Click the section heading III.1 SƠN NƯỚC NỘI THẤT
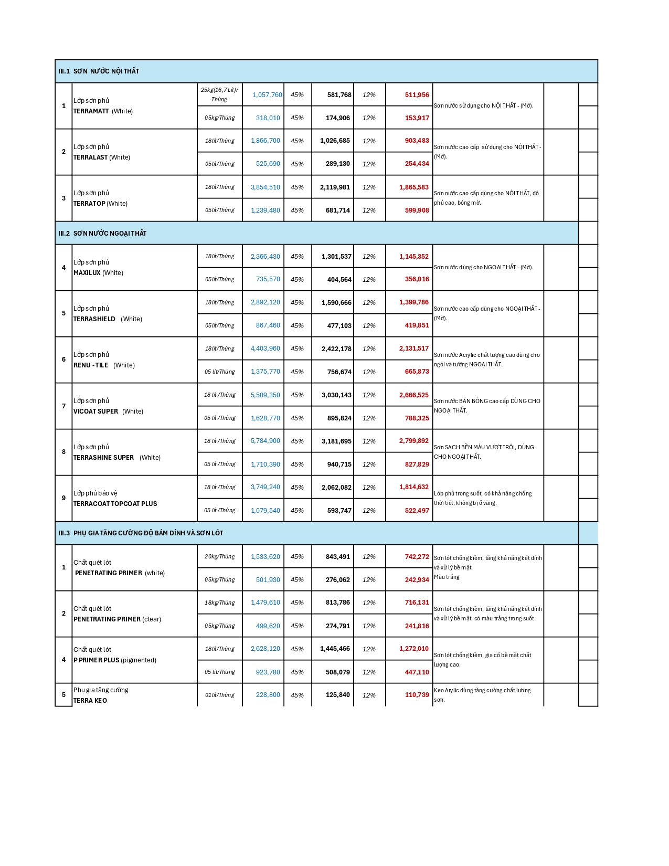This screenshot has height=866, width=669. (99, 71)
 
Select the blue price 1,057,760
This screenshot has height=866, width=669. (267, 95)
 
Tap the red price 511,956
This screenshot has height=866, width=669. (417, 95)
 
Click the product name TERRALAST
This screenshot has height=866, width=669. (91, 157)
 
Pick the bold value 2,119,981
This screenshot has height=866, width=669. (335, 187)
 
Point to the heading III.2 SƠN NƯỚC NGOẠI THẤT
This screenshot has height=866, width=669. (102, 234)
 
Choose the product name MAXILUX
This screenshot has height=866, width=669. (87, 273)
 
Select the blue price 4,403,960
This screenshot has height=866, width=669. (265, 348)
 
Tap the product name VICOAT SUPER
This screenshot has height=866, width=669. (96, 411)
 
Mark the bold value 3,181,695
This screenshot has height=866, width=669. (336, 441)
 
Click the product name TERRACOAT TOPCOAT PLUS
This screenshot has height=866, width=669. (115, 504)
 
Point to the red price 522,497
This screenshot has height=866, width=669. (417, 511)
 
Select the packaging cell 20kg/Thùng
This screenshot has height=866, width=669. (220, 557)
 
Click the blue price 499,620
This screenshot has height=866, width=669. (268, 626)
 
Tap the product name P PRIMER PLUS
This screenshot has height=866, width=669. (97, 660)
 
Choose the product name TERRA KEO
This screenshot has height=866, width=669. (90, 701)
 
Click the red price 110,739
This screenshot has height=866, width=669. (417, 695)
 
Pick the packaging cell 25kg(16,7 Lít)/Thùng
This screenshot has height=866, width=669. (219, 94)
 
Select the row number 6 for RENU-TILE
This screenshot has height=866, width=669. (64, 360)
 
